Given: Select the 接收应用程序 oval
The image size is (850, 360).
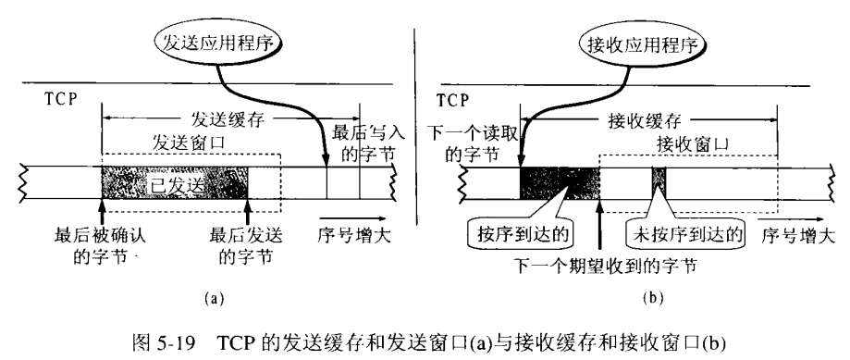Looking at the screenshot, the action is [x=643, y=44].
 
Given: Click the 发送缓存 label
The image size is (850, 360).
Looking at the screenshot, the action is [x=228, y=118].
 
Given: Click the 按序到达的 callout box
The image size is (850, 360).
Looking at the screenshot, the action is [x=519, y=234].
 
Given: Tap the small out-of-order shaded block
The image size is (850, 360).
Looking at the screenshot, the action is [x=659, y=183].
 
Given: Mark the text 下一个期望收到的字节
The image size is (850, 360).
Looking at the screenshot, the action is [x=606, y=266].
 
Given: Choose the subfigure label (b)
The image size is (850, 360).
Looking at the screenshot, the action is [x=651, y=298].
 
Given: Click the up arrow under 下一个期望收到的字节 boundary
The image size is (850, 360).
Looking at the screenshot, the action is [x=599, y=227].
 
